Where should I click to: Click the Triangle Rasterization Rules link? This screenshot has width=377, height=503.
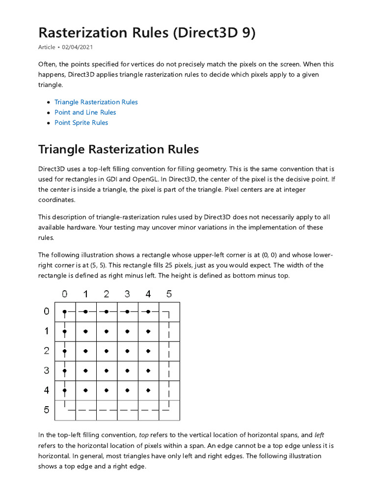96,102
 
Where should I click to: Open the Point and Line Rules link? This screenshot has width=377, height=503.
85,112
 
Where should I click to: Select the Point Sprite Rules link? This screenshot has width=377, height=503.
81,123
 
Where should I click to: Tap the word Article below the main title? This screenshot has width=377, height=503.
47,47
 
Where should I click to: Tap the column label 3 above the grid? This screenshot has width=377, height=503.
127,294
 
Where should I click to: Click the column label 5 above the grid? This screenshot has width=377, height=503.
169,294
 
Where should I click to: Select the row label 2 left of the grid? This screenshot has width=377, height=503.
47,351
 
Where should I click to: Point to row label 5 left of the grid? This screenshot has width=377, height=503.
47,409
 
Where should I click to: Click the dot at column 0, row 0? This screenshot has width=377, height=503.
64,312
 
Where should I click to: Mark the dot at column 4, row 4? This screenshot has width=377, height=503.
148,391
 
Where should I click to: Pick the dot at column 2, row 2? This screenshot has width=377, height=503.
106,351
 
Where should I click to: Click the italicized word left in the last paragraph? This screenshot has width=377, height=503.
319,435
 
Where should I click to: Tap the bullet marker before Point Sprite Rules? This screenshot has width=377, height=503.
48,123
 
